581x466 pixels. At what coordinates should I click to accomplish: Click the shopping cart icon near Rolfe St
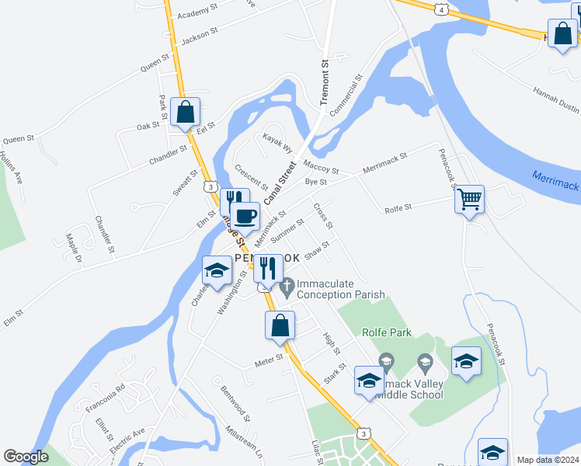pyautogui.click(x=469, y=200)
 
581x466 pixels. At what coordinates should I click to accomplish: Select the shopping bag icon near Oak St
pyautogui.click(x=186, y=112)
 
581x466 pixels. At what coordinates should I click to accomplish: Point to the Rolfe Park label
pyautogui.click(x=386, y=332)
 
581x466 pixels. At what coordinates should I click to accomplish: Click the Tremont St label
pyautogui.click(x=326, y=83)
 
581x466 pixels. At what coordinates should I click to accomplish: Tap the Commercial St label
pyautogui.click(x=346, y=96)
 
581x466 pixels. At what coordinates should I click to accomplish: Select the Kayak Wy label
pyautogui.click(x=277, y=143)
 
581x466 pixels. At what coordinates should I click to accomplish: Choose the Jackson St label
pyautogui.click(x=198, y=37)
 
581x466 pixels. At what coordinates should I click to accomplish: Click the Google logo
pyautogui.click(x=26, y=457)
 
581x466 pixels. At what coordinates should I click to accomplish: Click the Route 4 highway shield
pyautogui.click(x=441, y=9)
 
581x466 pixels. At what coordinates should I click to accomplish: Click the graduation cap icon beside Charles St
pyautogui.click(x=217, y=270)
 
